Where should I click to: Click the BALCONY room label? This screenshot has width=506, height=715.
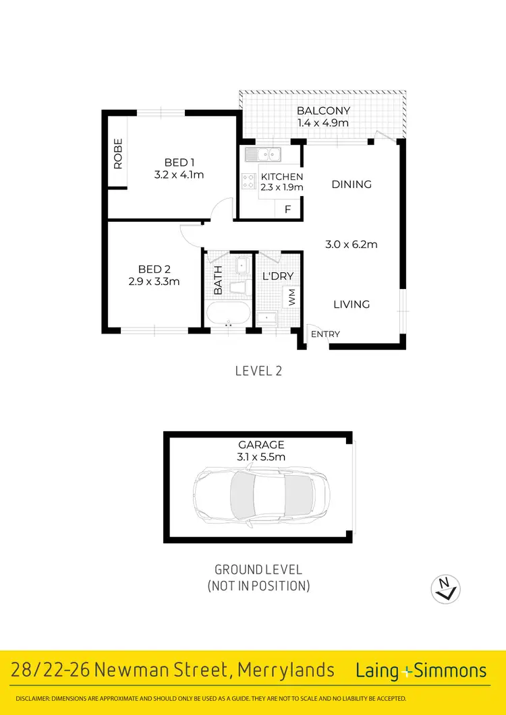coord(324,111)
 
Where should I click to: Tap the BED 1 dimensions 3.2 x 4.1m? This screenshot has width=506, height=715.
coord(179,175)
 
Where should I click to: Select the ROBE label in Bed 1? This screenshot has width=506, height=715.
coord(118,153)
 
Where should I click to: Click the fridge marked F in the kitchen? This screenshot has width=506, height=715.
coord(288,209)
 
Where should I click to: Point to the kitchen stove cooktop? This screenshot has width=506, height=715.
coord(248,181)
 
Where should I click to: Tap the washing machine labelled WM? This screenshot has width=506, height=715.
coord(292,297)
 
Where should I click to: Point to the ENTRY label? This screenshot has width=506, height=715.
coord(326,334)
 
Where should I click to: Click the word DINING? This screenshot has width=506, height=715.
coord(352,184)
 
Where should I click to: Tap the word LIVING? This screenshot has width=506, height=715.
coord(352,305)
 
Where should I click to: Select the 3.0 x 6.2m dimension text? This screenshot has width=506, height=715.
coord(351,245)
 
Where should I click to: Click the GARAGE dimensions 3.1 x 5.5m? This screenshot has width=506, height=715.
coord(261,456)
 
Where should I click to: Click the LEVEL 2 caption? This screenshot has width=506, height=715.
coord(258,370)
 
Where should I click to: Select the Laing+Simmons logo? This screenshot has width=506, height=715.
coord(421,671)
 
